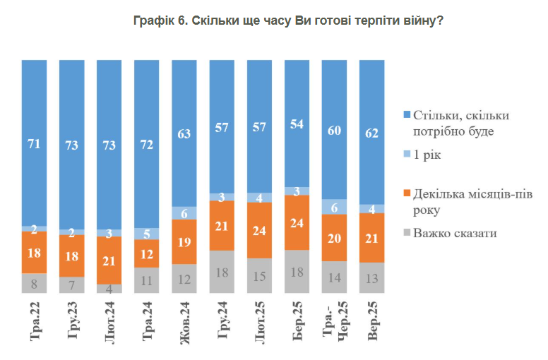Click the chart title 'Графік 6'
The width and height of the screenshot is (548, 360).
[288, 20]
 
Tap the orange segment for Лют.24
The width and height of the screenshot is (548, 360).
[109, 260]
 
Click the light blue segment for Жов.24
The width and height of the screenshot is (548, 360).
[185, 214]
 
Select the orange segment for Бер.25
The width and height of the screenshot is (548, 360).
[297, 222]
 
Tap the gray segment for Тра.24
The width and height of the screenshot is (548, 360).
[147, 280]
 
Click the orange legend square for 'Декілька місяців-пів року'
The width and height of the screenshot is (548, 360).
[406, 193]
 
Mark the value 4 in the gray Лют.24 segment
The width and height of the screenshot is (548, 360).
[109, 288]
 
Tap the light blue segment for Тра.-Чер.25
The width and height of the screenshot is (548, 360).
[335, 206]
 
